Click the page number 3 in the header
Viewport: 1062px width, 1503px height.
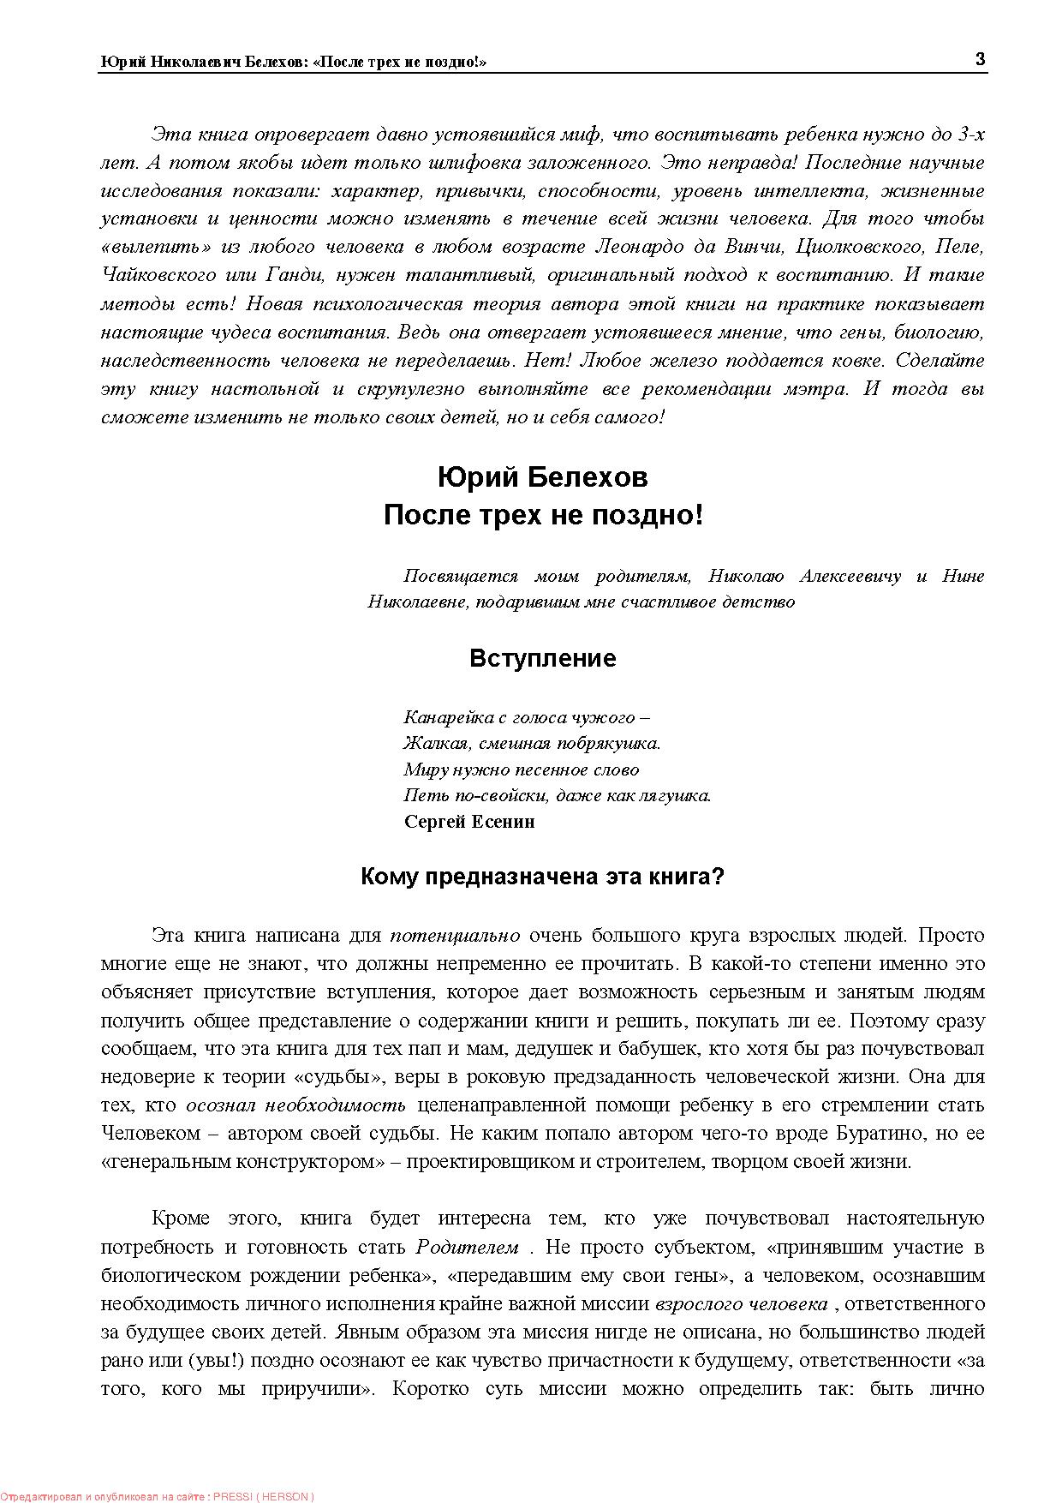coord(980,59)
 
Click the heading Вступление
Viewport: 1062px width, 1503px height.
coord(542,658)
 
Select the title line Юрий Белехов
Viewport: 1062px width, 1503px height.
coord(542,476)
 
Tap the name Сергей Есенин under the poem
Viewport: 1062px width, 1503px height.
coord(469,821)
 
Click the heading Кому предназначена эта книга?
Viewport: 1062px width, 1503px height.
coord(542,877)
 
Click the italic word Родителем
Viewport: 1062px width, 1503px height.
coord(467,1247)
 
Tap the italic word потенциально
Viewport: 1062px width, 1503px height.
coord(455,935)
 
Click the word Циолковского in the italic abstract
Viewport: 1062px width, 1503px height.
coord(859,247)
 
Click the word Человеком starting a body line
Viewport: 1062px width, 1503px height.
coord(150,1133)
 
